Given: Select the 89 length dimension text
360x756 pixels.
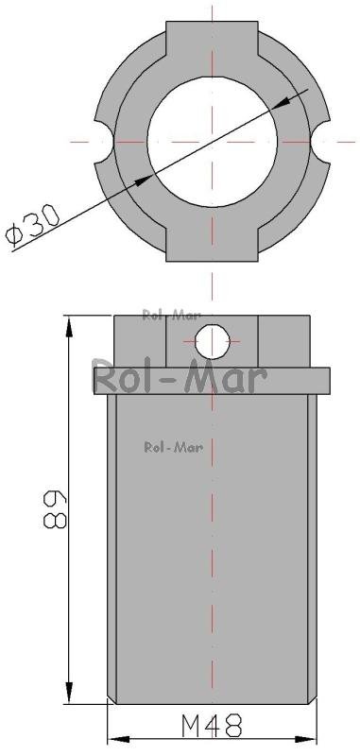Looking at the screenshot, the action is click(54, 509).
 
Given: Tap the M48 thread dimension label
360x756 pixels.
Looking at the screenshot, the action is click(212, 726).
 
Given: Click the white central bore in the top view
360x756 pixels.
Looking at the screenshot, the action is click(212, 142).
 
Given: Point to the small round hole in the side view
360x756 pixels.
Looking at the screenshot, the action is click(213, 341).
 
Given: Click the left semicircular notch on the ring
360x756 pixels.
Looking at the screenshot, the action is click(104, 143).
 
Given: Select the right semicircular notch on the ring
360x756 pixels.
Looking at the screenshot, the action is click(320, 143).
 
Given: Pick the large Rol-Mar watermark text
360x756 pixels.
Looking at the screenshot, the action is click(180, 378).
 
